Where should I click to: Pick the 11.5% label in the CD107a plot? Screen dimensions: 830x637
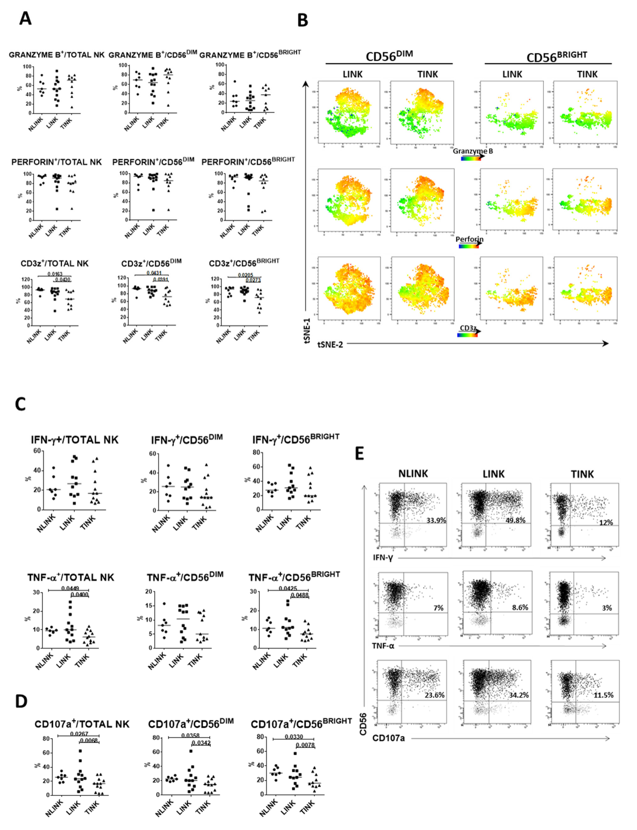[x=603, y=695]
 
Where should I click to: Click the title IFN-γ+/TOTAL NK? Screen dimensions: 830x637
[x=75, y=440]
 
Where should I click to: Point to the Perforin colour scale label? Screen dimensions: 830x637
[x=469, y=239]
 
